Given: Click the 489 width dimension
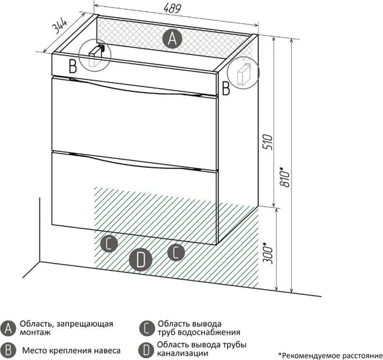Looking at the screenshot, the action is (x=172, y=8).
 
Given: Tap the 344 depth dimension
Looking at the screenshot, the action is (x=60, y=26).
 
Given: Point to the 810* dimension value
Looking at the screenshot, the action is (x=285, y=177).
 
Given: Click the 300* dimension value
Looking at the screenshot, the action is (x=267, y=253).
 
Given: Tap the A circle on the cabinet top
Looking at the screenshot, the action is (x=172, y=38).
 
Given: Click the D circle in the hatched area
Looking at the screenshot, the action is (x=140, y=259).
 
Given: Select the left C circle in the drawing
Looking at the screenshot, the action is (x=109, y=243).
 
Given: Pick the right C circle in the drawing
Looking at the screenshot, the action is (x=176, y=252).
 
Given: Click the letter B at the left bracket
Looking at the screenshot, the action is (x=73, y=66).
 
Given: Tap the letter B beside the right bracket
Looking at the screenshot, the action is (x=226, y=89).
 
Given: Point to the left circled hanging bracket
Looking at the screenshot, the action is (x=95, y=56).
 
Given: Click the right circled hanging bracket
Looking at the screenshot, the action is (x=243, y=72).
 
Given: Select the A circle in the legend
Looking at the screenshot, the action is (x=8, y=328).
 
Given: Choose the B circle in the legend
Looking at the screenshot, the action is (x=8, y=350).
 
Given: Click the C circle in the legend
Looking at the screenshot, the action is (x=147, y=328).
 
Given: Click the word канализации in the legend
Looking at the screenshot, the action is (x=183, y=353).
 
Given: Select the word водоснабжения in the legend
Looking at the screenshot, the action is (x=209, y=332).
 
